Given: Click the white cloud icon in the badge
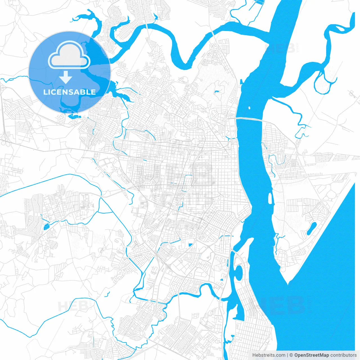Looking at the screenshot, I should coord(69,55).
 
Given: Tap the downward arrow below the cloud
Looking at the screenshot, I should coord(66,77).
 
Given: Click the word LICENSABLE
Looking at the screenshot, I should coord(69,92).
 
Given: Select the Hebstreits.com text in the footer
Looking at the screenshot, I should coord(269,355).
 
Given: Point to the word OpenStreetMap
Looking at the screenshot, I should coord(311,355).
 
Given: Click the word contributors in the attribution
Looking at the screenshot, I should coord(343,355).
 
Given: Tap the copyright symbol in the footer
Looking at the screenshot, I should coord(291,355).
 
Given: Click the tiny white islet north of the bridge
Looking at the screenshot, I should coord(249,107).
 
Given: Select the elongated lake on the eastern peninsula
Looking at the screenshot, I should coord(311,228).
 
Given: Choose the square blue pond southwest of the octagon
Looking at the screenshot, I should coord(190,245).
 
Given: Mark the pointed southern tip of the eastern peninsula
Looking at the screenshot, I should coord(287,283).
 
